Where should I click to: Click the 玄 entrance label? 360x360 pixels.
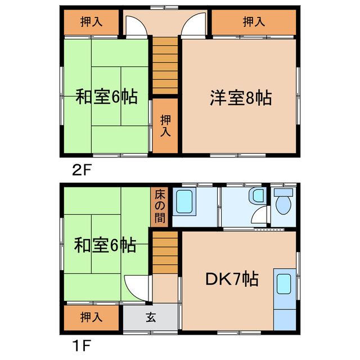click(x=151, y=317)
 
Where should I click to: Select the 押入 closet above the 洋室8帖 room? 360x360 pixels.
click(x=254, y=22)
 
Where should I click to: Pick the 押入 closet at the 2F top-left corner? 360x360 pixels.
click(x=91, y=22)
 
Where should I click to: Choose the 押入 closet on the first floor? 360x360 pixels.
click(x=91, y=317)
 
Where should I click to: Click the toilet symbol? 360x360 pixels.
click(x=282, y=202)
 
